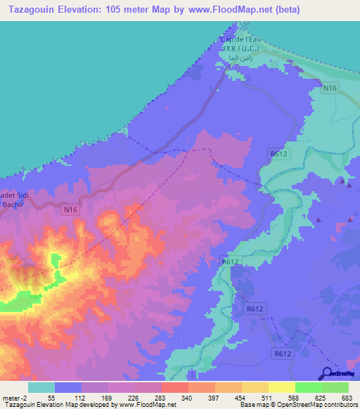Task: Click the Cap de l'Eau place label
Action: tap(240, 40)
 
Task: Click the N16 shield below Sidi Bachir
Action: tap(68, 209)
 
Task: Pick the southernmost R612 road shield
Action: tap(283, 355)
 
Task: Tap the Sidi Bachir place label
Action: tap(14, 200)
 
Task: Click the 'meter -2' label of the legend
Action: tap(15, 397)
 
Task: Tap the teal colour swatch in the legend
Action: tap(41, 387)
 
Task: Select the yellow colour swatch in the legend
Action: tap(281, 387)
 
